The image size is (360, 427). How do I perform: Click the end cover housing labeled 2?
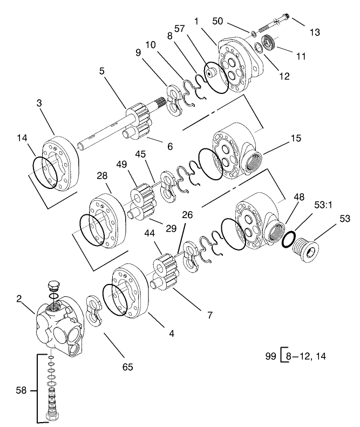click(x=59, y=327)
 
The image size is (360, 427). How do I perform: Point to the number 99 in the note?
click(x=271, y=357)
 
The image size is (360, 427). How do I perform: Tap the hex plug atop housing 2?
click(x=53, y=286)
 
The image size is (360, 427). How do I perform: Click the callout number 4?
click(x=172, y=334)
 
